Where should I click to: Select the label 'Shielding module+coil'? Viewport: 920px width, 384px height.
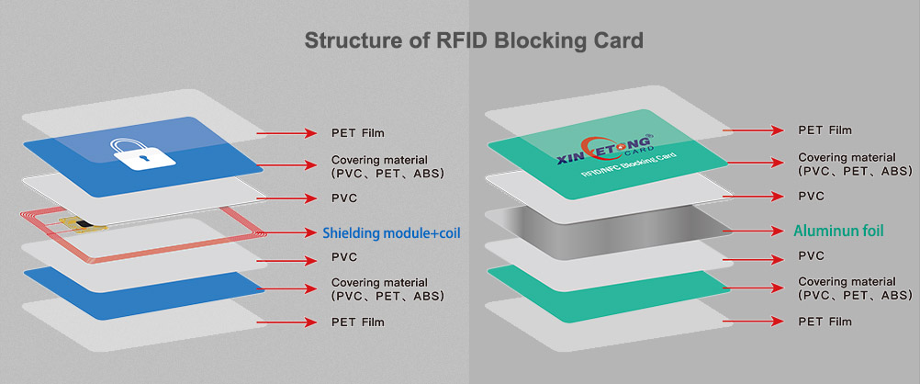390,233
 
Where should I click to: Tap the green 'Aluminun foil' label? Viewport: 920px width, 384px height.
837,231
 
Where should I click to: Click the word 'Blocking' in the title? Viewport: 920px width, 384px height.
536,40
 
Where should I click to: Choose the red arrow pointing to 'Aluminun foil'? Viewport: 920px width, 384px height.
753,231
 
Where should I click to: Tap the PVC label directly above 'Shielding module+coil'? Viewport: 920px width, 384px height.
343,198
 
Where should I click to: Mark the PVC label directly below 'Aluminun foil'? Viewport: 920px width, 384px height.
811,256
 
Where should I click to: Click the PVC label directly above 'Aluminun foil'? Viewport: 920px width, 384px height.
811,197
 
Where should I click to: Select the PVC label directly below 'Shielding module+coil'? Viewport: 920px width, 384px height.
343,257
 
